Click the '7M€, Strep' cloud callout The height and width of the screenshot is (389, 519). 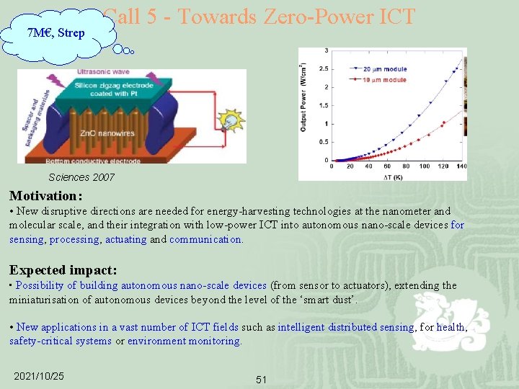click(56, 32)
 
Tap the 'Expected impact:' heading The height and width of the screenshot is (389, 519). click(63, 270)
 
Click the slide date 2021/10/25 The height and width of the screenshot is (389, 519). click(39, 376)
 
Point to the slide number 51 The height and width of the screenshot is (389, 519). click(262, 380)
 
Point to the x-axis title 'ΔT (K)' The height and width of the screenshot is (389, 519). click(392, 176)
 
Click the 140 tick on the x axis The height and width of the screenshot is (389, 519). click(461, 167)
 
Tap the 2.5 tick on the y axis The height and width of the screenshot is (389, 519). click(325, 68)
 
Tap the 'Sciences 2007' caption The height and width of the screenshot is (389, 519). click(81, 177)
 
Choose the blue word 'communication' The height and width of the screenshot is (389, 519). click(205, 239)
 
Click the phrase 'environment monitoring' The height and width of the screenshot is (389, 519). click(184, 341)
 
